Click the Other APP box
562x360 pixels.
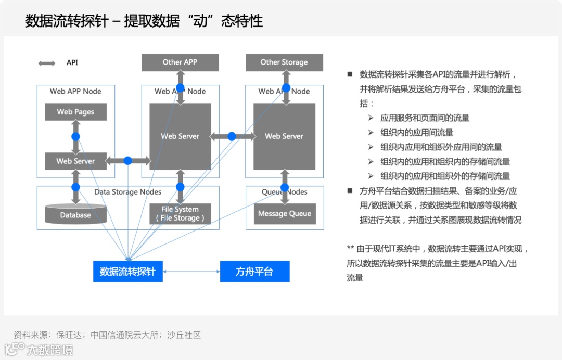[x=180, y=62]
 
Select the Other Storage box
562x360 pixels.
[x=284, y=62]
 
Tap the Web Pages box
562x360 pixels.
[x=75, y=112]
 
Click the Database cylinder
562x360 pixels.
[x=75, y=214]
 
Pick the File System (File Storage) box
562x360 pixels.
[x=180, y=214]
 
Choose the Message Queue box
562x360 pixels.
[x=285, y=214]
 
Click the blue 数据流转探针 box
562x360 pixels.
[x=128, y=272]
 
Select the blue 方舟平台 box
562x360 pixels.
[x=254, y=272]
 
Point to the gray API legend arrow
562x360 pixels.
[x=47, y=63]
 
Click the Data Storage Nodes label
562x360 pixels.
[x=127, y=192]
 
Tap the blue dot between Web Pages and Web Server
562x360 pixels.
[x=75, y=136]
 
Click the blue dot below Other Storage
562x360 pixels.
[x=286, y=87]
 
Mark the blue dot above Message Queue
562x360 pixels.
[x=285, y=187]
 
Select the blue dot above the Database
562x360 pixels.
[x=75, y=187]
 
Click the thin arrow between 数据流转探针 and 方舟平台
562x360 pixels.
[x=191, y=272]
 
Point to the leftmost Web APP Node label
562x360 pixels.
[x=75, y=91]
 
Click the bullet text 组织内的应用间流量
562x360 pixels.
[x=417, y=133]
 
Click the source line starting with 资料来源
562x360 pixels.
[x=107, y=335]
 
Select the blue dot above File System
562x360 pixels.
[x=181, y=187]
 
